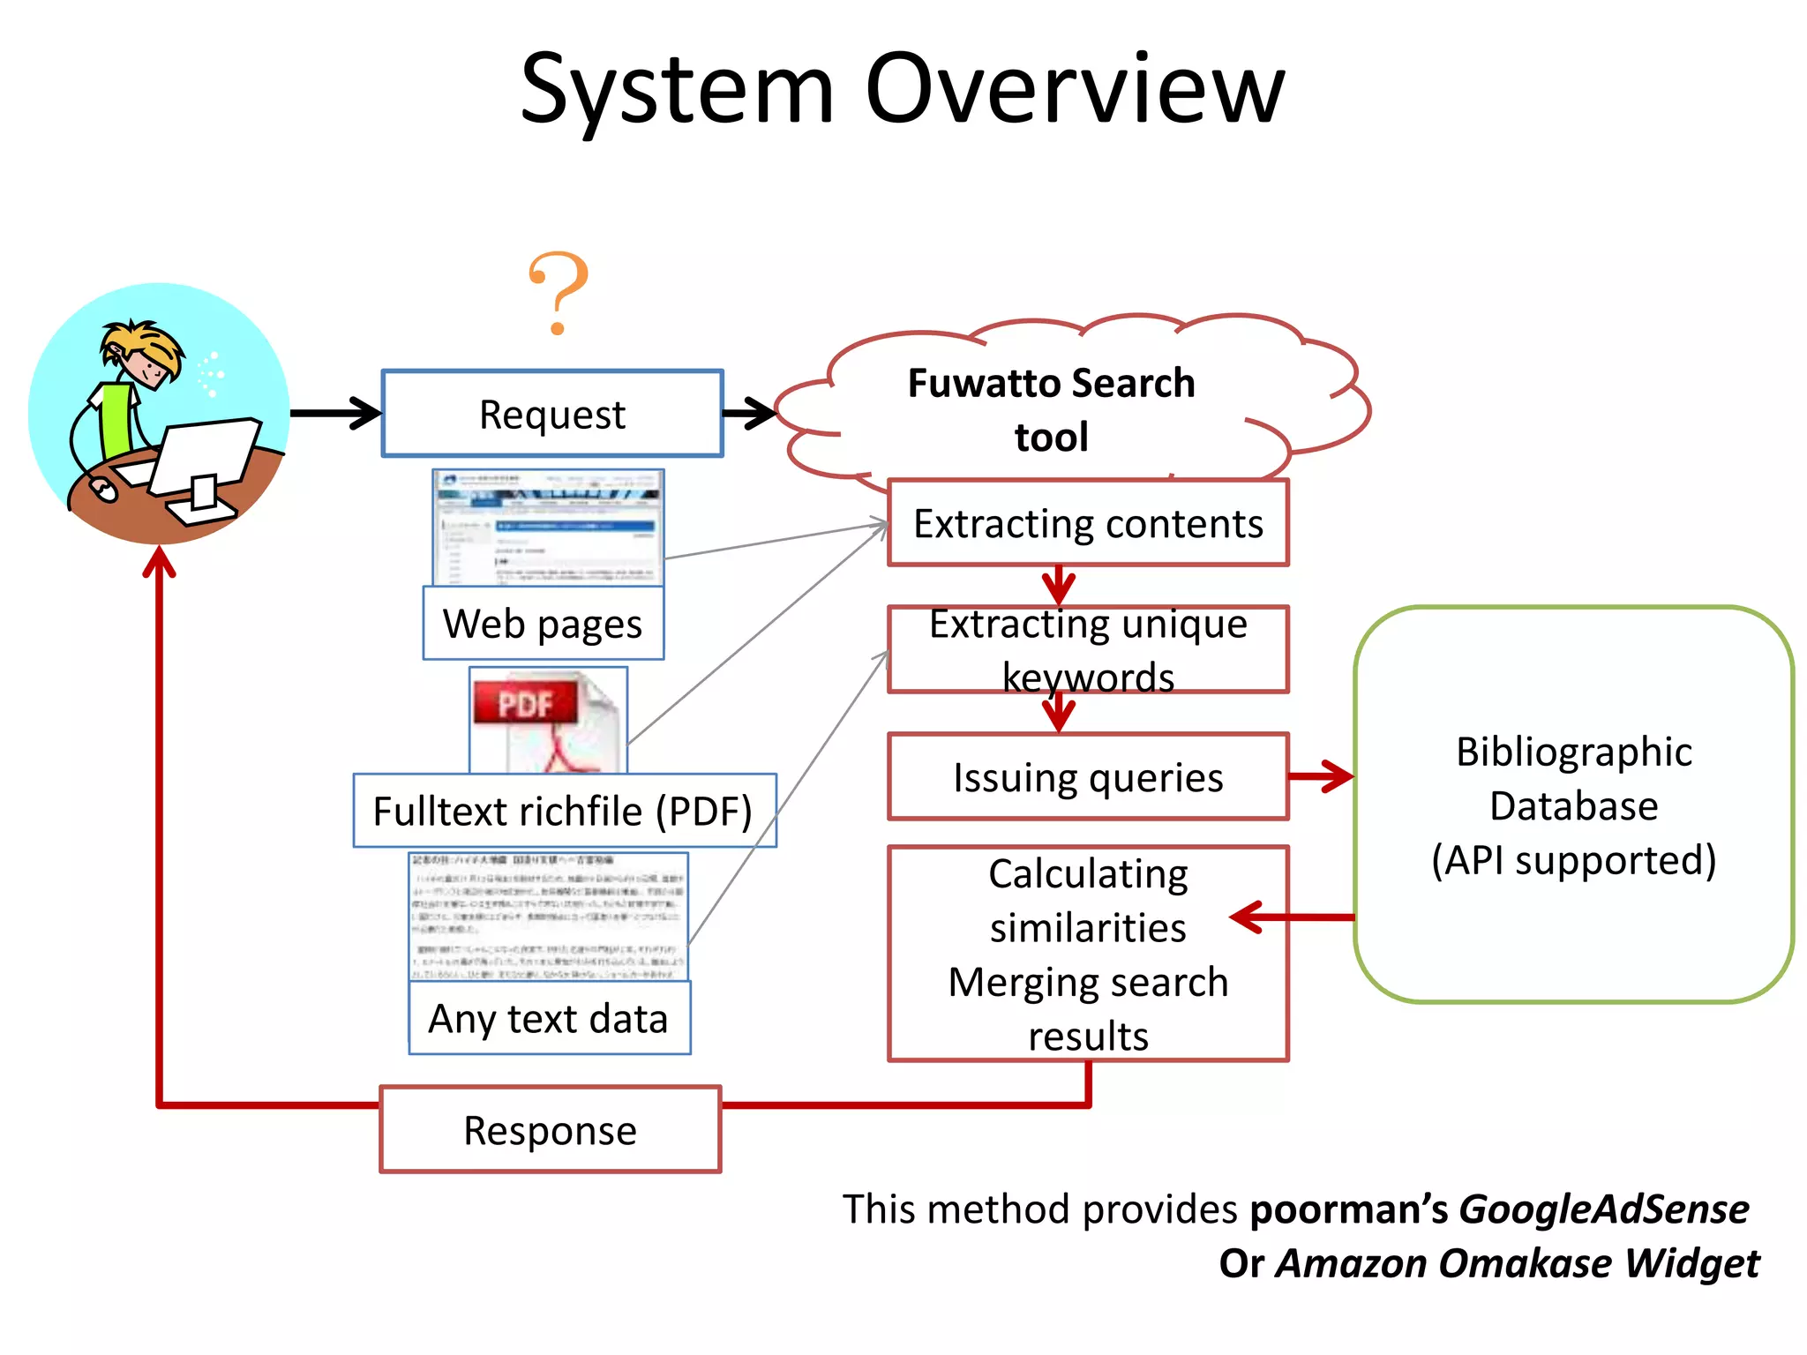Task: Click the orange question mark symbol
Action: pyautogui.click(x=558, y=291)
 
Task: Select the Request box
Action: pyautogui.click(x=552, y=414)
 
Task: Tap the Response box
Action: pyautogui.click(x=550, y=1130)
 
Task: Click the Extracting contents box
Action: pyautogui.click(x=1088, y=523)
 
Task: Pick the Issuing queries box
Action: pyautogui.click(x=1088, y=777)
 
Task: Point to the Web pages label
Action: pyautogui.click(x=543, y=624)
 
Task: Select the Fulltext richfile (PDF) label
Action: pyautogui.click(x=564, y=811)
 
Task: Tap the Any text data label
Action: pyautogui.click(x=549, y=1018)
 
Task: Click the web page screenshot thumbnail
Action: pyautogui.click(x=548, y=527)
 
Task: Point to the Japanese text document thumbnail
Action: pyautogui.click(x=548, y=916)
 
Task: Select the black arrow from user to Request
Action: pyautogui.click(x=335, y=413)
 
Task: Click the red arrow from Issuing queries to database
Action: pyautogui.click(x=1321, y=777)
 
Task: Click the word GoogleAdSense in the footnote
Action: pyautogui.click(x=1603, y=1209)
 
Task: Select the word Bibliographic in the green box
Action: pyautogui.click(x=1573, y=752)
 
